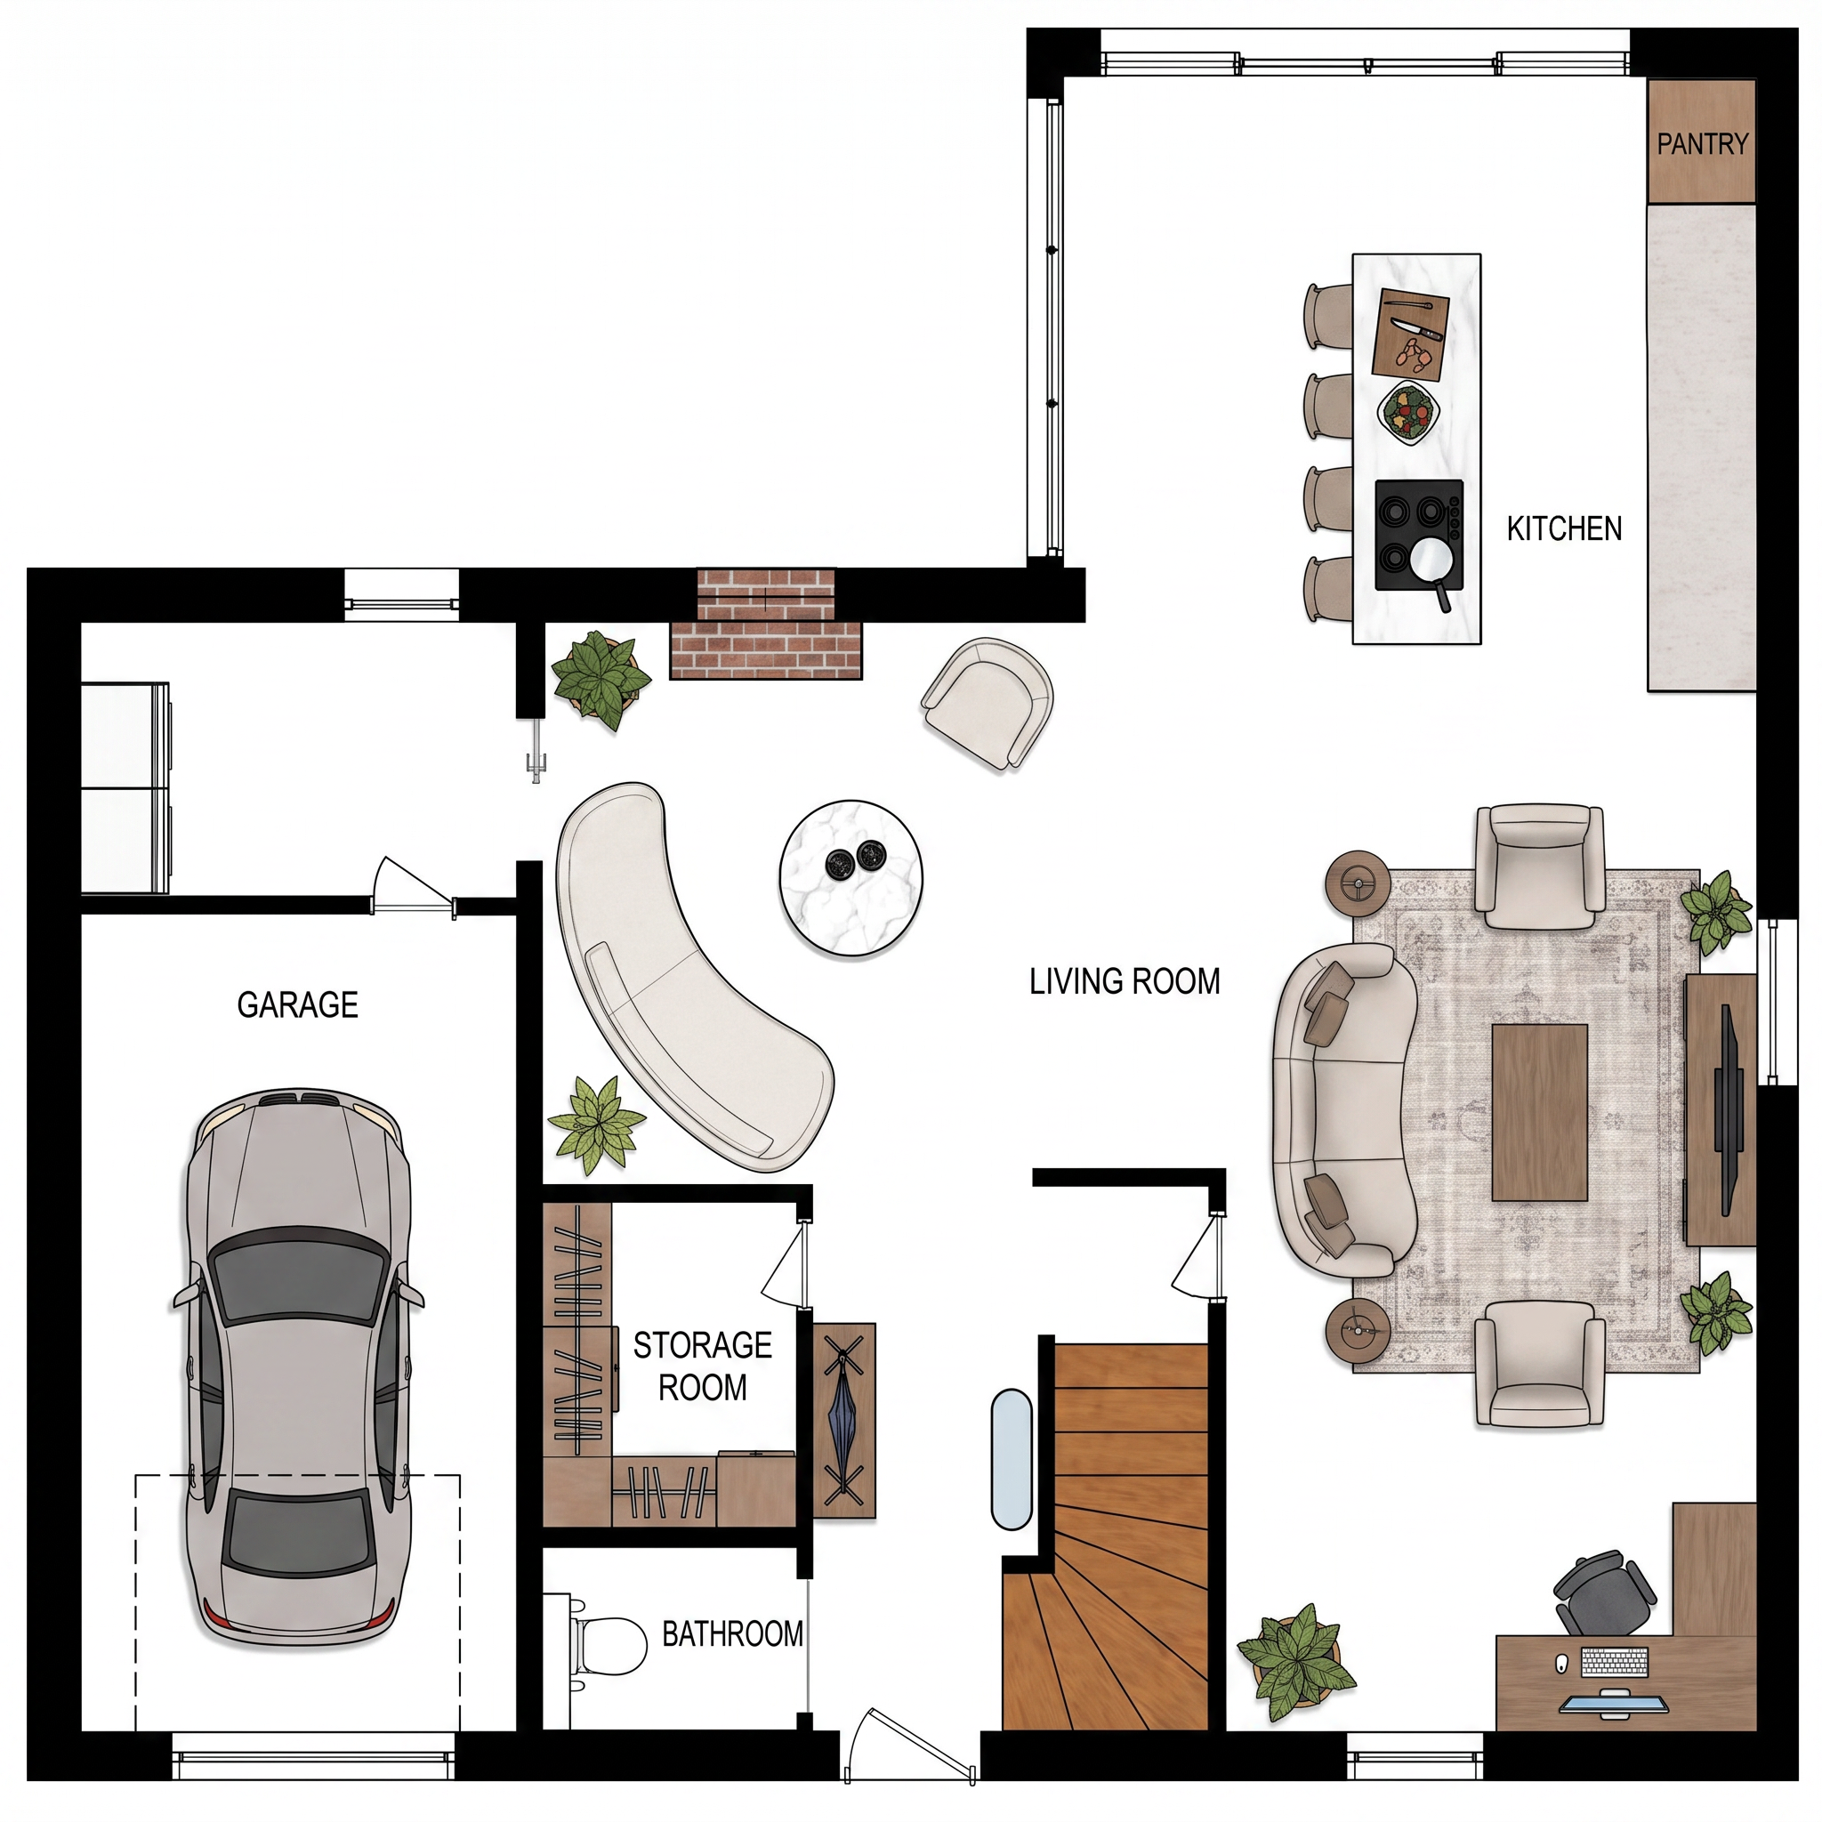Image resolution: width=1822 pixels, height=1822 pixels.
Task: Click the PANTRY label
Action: pyautogui.click(x=1702, y=144)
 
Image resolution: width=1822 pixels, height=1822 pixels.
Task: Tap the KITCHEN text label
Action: pyautogui.click(x=1565, y=529)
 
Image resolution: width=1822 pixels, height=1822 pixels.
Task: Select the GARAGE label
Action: pyautogui.click(x=297, y=1005)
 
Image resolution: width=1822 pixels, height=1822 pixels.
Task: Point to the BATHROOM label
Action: pyautogui.click(x=733, y=1633)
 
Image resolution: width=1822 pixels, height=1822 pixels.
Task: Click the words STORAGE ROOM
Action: pyautogui.click(x=703, y=1366)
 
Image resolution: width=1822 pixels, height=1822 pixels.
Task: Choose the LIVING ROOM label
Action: pyautogui.click(x=1125, y=982)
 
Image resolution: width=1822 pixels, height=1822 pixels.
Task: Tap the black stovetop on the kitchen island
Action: pyautogui.click(x=1419, y=536)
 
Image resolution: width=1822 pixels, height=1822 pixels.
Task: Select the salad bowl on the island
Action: pyautogui.click(x=1408, y=412)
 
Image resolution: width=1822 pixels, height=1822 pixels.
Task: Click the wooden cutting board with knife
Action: pyautogui.click(x=1409, y=334)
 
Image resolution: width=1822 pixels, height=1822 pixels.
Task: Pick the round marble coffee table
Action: pyautogui.click(x=851, y=878)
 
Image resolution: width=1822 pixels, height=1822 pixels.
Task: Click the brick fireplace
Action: pyautogui.click(x=766, y=624)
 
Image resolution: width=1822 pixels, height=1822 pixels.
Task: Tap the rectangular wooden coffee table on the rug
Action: pyautogui.click(x=1540, y=1112)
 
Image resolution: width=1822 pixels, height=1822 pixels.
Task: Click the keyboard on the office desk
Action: pyautogui.click(x=1615, y=1662)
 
